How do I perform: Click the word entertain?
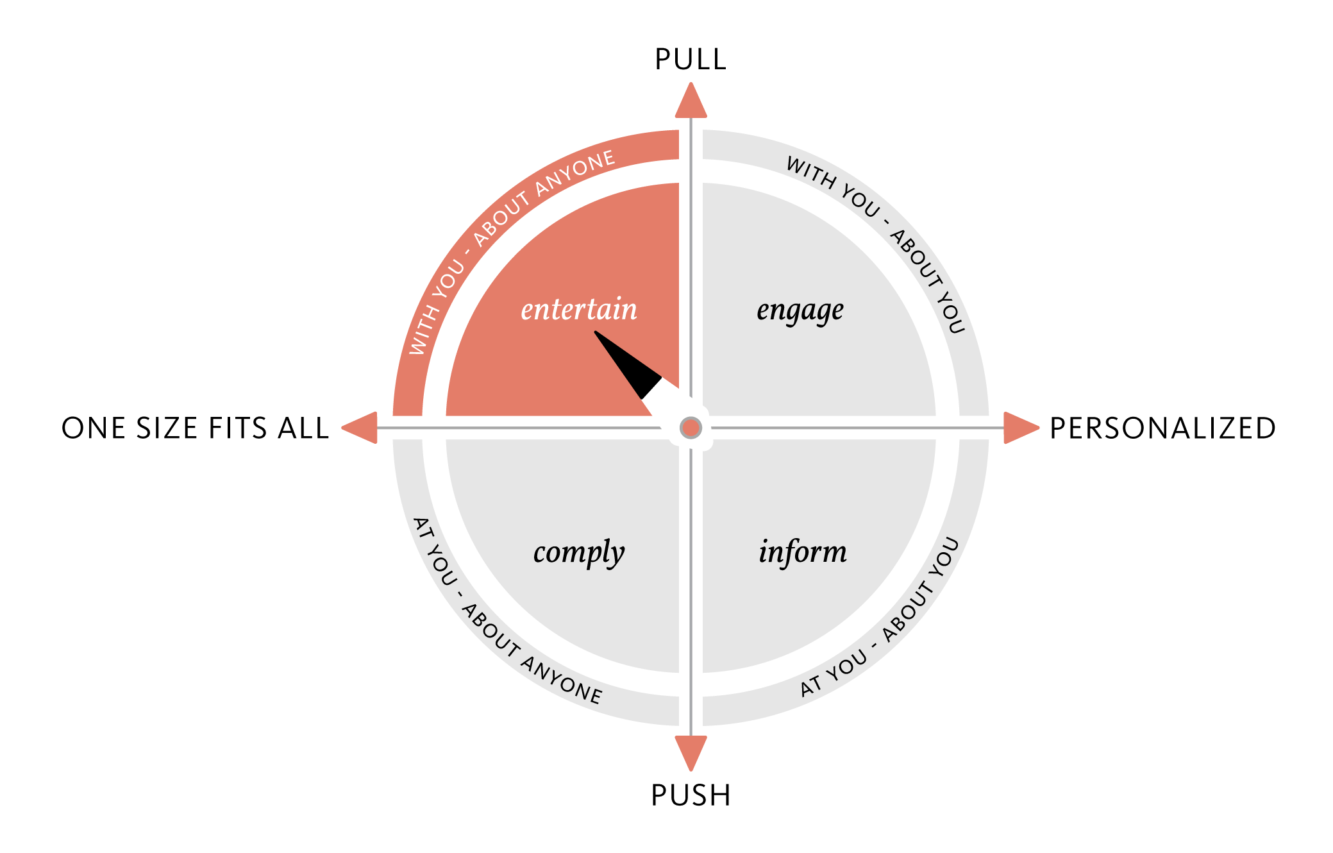tap(579, 310)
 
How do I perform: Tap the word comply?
tap(578, 553)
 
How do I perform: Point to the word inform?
tap(802, 552)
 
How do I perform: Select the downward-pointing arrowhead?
tap(691, 752)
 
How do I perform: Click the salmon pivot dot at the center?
tap(691, 428)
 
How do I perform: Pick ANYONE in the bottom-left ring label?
tap(562, 681)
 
